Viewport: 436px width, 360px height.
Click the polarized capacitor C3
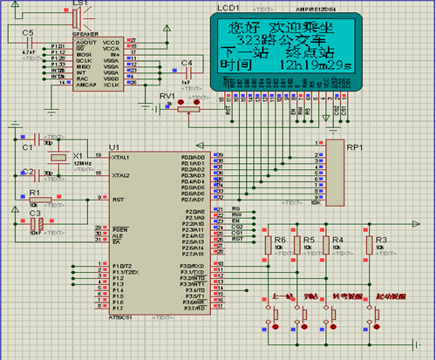pos(37,223)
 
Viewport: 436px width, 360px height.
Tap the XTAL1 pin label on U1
pos(119,157)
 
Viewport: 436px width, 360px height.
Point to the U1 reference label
pos(114,147)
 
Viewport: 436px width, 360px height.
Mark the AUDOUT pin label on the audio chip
pos(86,40)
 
